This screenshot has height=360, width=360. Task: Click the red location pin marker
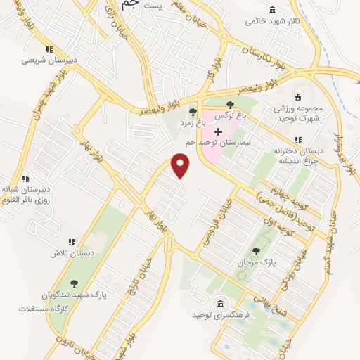(x=181, y=166)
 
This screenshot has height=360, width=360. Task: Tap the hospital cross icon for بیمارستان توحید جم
(x=218, y=131)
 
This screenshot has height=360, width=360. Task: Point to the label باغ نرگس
(x=235, y=113)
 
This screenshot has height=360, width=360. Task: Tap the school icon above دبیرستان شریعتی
(x=49, y=49)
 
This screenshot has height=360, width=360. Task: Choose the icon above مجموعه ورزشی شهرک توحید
(x=297, y=98)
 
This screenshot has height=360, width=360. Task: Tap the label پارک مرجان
(x=255, y=262)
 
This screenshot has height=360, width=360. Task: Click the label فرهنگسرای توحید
(x=221, y=315)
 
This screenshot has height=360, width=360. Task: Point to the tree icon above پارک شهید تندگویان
(x=75, y=283)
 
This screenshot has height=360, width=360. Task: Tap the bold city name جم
(x=126, y=6)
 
